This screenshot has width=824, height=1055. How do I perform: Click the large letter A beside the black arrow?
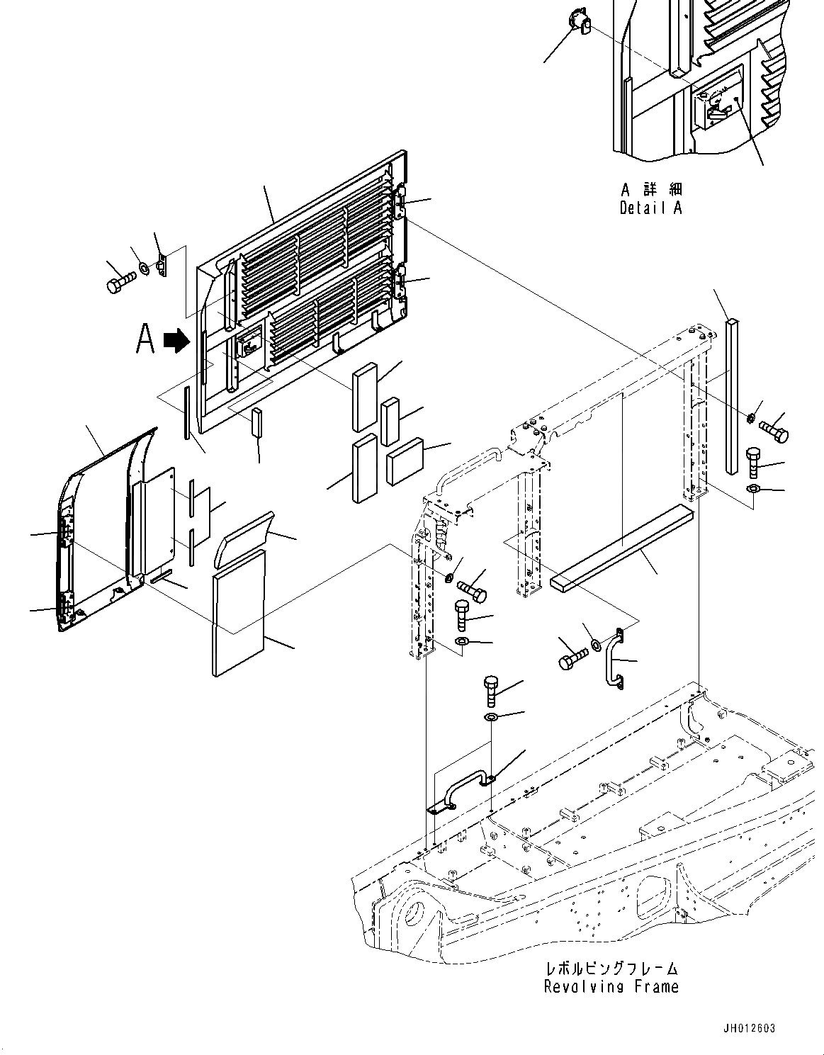coord(145,339)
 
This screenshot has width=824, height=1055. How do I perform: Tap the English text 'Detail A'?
coord(650,208)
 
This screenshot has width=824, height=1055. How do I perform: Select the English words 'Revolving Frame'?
coord(611,986)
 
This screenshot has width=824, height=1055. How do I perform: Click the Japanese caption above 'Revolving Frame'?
coord(611,968)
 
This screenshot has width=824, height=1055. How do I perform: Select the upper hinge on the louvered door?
coord(401,197)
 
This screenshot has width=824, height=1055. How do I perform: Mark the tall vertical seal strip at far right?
coord(732,397)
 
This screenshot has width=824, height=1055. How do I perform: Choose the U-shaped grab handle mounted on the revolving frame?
coord(461,789)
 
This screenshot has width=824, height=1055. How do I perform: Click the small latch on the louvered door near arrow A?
coord(247,345)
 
